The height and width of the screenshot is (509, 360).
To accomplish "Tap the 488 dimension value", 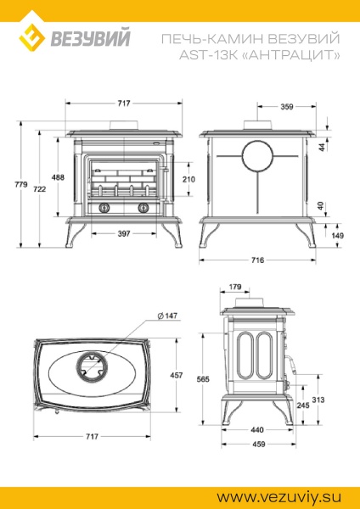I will tap(58, 177).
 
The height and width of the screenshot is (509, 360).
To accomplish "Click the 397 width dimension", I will tap(123, 233).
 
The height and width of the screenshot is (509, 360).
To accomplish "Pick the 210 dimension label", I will tap(188, 179).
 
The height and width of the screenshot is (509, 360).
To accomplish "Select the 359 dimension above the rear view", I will tap(286, 107).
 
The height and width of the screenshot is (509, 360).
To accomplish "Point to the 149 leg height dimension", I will tap(338, 235).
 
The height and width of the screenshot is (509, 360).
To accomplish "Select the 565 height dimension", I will tap(204, 380).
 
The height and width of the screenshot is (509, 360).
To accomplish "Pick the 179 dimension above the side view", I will tap(235, 287).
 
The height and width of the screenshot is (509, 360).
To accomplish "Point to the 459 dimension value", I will tap(258, 444).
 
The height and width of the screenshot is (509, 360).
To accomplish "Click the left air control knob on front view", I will tap(104, 209).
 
